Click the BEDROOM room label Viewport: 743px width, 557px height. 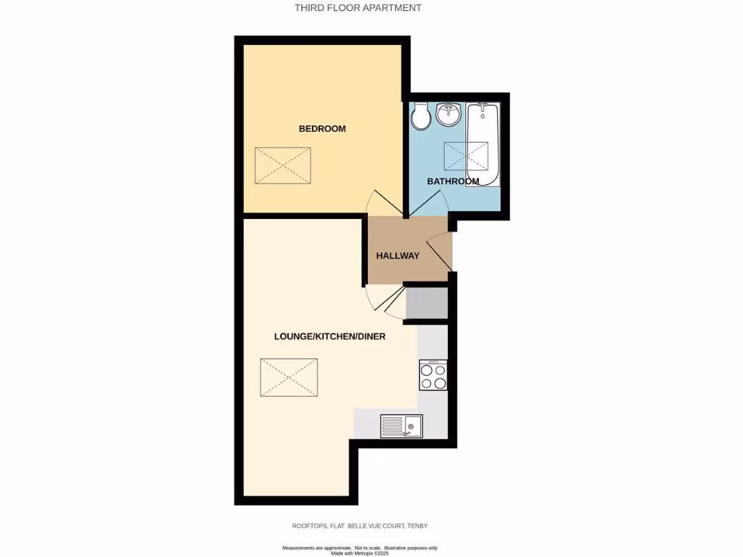coord(322,129)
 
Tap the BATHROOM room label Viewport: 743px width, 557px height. coord(453,181)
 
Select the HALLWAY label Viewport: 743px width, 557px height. coord(398,256)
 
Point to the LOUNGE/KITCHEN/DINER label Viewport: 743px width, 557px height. coord(329,337)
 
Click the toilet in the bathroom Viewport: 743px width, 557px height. coord(421,117)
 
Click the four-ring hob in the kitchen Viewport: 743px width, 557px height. coord(433,375)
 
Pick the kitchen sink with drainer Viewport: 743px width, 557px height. coord(401,425)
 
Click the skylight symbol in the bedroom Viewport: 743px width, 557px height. coord(283,165)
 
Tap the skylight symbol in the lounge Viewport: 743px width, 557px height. coord(289,377)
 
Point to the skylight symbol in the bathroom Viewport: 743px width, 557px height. coord(466,156)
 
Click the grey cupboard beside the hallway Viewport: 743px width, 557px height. coord(427,303)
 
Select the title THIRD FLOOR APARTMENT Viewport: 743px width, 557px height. coord(358,8)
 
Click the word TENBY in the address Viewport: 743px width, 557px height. coord(422,526)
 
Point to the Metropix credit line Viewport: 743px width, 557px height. coord(359,553)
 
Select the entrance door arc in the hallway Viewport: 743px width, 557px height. coord(438,251)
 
